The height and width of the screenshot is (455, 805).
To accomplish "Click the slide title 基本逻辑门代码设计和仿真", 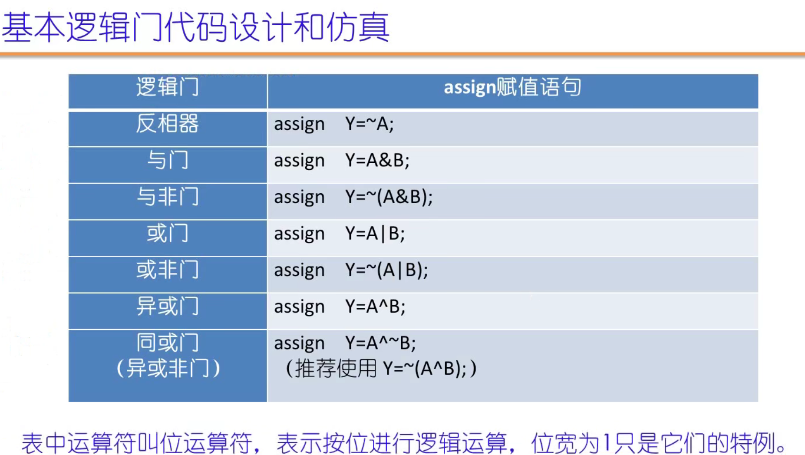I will point(195,27).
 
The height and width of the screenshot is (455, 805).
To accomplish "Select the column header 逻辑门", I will point(168,87).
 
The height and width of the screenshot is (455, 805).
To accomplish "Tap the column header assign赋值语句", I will point(512,87).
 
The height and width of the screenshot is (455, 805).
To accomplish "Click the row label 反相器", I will point(168,124).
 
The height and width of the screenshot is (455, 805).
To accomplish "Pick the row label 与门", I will point(168,160).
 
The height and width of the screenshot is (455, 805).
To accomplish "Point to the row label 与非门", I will point(168,197).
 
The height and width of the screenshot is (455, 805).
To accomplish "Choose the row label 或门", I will point(168,234).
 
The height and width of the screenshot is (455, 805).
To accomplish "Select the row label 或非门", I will point(168,270).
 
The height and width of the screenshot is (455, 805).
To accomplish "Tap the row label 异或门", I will point(168,307).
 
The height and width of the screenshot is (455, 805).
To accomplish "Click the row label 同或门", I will point(168,343).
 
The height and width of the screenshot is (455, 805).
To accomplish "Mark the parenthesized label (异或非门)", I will point(168,369).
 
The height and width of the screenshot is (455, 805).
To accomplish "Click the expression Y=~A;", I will point(370,124).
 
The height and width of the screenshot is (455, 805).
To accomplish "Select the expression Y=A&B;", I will point(377,161).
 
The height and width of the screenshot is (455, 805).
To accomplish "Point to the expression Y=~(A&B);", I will point(389,197).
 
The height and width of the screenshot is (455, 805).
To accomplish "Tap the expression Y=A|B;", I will point(375,234).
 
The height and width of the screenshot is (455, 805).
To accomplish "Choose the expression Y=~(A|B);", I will point(387,270).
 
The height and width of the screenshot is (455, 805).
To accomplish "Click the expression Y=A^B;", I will point(376,307).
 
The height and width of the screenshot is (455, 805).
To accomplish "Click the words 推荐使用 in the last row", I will point(336,369).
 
